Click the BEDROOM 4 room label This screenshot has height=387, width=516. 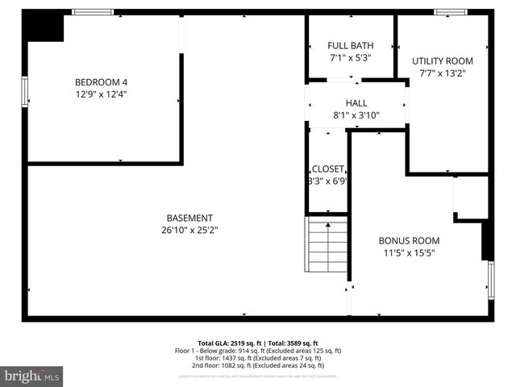[102, 81]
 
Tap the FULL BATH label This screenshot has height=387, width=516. [350, 45]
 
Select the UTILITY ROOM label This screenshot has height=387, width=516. [443, 60]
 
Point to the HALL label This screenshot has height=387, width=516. [356, 103]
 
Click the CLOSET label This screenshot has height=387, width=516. [327, 169]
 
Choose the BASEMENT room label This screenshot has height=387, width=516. [189, 218]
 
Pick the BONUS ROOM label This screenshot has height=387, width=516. [409, 240]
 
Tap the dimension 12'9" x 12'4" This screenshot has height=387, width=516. [102, 94]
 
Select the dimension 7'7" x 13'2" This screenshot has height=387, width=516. [443, 73]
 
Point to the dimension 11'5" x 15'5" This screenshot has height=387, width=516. [409, 252]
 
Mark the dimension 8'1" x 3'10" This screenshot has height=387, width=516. [356, 115]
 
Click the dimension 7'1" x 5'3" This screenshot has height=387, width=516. [350, 57]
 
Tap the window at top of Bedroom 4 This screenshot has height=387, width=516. [93, 12]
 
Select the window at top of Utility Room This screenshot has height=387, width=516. [447, 12]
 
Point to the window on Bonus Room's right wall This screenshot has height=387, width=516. [491, 281]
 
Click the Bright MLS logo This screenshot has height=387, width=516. [32, 376]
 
